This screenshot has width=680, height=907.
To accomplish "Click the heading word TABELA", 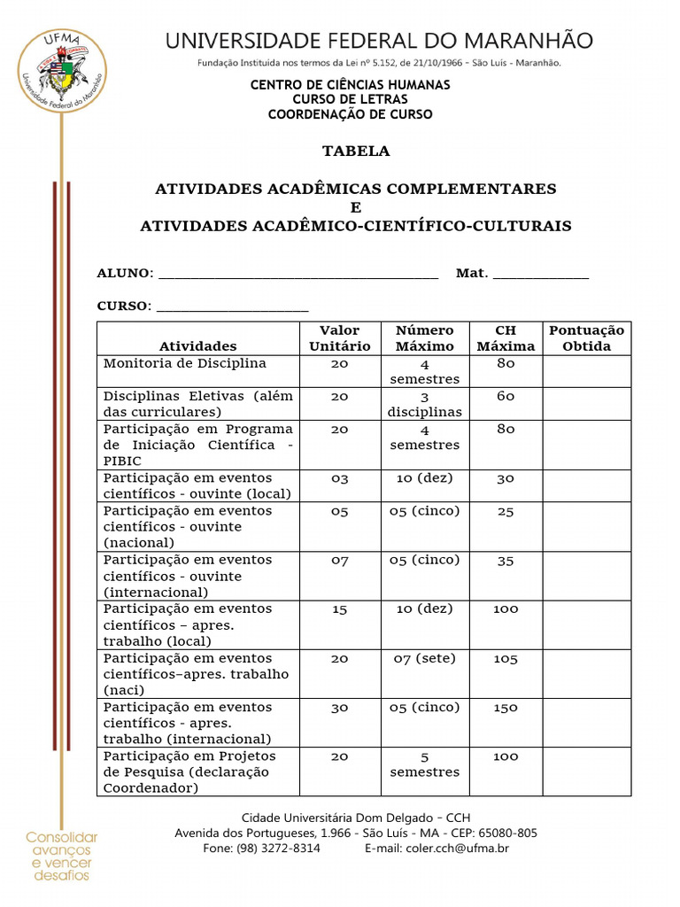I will tap(356, 151).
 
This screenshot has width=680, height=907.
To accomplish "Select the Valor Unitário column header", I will tap(340, 338).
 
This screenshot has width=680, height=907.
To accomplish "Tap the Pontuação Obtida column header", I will tap(586, 338).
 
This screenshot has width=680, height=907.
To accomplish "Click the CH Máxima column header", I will tap(506, 338).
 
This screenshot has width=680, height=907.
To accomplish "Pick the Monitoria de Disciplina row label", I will tap(184, 364).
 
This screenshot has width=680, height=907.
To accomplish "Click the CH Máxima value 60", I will tap(506, 397).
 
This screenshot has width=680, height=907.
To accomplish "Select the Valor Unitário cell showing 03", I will tap(340, 478).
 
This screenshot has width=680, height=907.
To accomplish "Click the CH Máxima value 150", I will tap(506, 708).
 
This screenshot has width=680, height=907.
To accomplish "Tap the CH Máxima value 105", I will tap(506, 658).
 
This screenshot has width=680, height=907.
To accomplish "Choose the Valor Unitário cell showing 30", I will tap(340, 708).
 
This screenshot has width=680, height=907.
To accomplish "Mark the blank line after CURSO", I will tap(232, 308).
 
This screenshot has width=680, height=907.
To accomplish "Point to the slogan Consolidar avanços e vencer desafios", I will tap(61, 857).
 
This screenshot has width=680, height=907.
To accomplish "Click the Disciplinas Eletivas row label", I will tap(197, 404).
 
